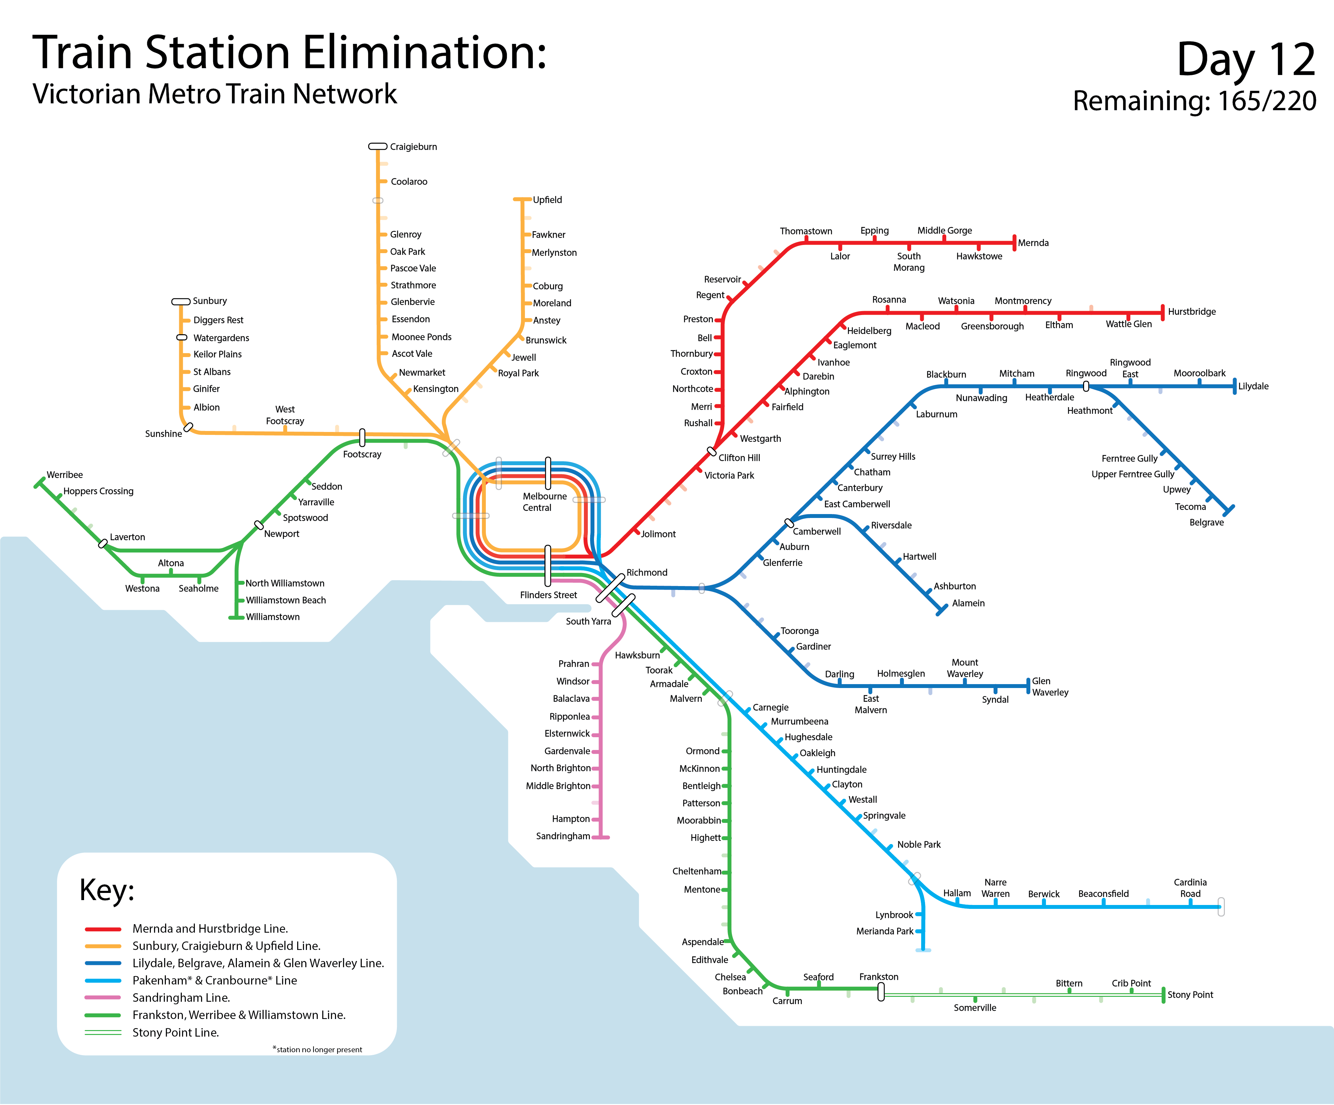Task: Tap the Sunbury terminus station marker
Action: (181, 302)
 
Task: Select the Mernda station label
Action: (1033, 243)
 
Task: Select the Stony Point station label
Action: (1190, 995)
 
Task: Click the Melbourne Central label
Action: (544, 502)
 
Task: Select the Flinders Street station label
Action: (548, 595)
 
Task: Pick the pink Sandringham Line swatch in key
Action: (103, 998)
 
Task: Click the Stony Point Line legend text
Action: (175, 1033)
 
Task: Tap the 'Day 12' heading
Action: (1245, 59)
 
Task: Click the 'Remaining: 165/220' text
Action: (1194, 101)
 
